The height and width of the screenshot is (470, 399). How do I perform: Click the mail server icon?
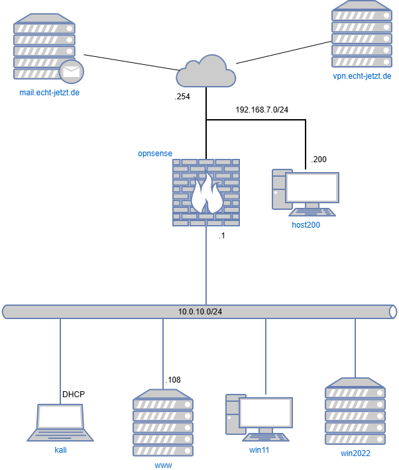tap(44, 46)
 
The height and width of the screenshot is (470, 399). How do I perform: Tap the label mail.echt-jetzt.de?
tap(50, 93)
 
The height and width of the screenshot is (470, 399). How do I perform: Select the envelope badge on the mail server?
tap(72, 71)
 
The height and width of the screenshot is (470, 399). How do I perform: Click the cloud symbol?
tap(205, 71)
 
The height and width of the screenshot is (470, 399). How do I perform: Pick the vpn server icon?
tap(362, 34)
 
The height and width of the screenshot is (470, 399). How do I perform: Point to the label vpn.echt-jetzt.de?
tap(362, 76)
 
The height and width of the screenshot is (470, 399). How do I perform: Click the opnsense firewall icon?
tap(206, 193)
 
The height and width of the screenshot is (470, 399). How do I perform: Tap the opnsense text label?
tap(154, 153)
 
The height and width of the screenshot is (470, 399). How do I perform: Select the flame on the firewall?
tap(206, 195)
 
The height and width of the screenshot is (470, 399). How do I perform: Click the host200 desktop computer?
tap(306, 192)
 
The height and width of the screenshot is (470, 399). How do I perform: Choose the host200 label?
tap(306, 225)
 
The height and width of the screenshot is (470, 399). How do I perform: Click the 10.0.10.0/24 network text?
tap(199, 311)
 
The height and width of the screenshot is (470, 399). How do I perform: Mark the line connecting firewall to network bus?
tap(206, 265)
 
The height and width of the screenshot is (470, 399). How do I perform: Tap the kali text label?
tap(60, 450)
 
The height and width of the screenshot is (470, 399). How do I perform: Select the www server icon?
tap(163, 423)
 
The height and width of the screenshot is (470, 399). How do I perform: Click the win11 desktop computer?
tap(258, 417)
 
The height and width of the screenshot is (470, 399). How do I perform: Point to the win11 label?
tap(259, 450)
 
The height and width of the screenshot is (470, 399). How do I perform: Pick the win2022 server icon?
tap(355, 412)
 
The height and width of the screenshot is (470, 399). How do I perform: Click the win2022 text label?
tap(355, 453)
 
